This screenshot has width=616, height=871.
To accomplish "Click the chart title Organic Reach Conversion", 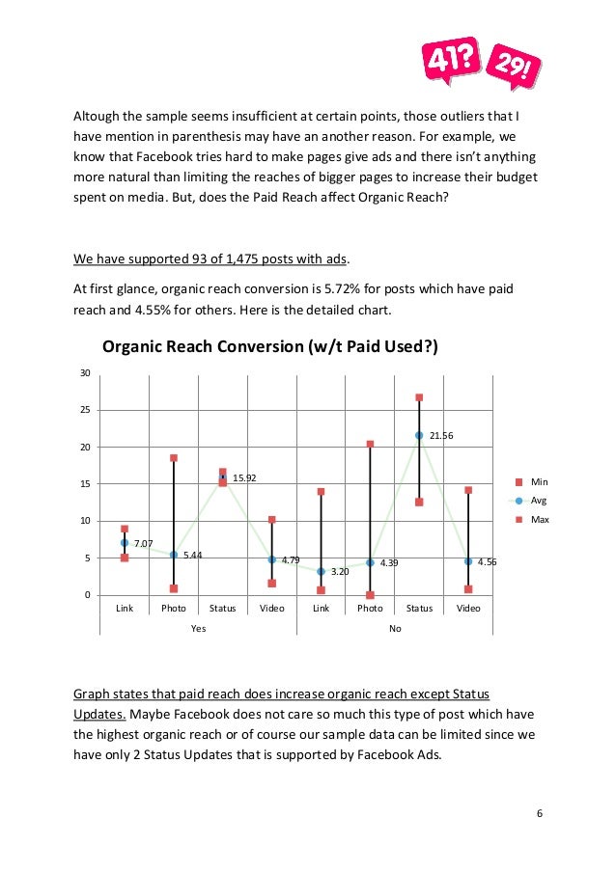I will (269, 347).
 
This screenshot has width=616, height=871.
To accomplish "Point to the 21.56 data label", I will (441, 436).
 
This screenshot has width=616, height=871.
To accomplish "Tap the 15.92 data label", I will (245, 477).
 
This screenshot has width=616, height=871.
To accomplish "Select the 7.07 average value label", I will (143, 544).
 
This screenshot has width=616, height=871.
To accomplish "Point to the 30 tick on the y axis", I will (86, 373).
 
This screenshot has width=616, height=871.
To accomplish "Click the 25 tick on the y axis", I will (86, 410).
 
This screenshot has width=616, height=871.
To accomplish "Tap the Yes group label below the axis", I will (198, 628).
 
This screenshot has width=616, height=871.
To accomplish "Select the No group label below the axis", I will (394, 628).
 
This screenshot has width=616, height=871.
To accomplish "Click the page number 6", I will (540, 813).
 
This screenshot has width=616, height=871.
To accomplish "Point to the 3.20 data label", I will (340, 572).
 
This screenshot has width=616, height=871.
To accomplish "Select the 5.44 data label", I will (192, 556).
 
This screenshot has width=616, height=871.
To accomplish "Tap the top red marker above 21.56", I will (419, 397).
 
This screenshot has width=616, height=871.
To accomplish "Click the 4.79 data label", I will (291, 559).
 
